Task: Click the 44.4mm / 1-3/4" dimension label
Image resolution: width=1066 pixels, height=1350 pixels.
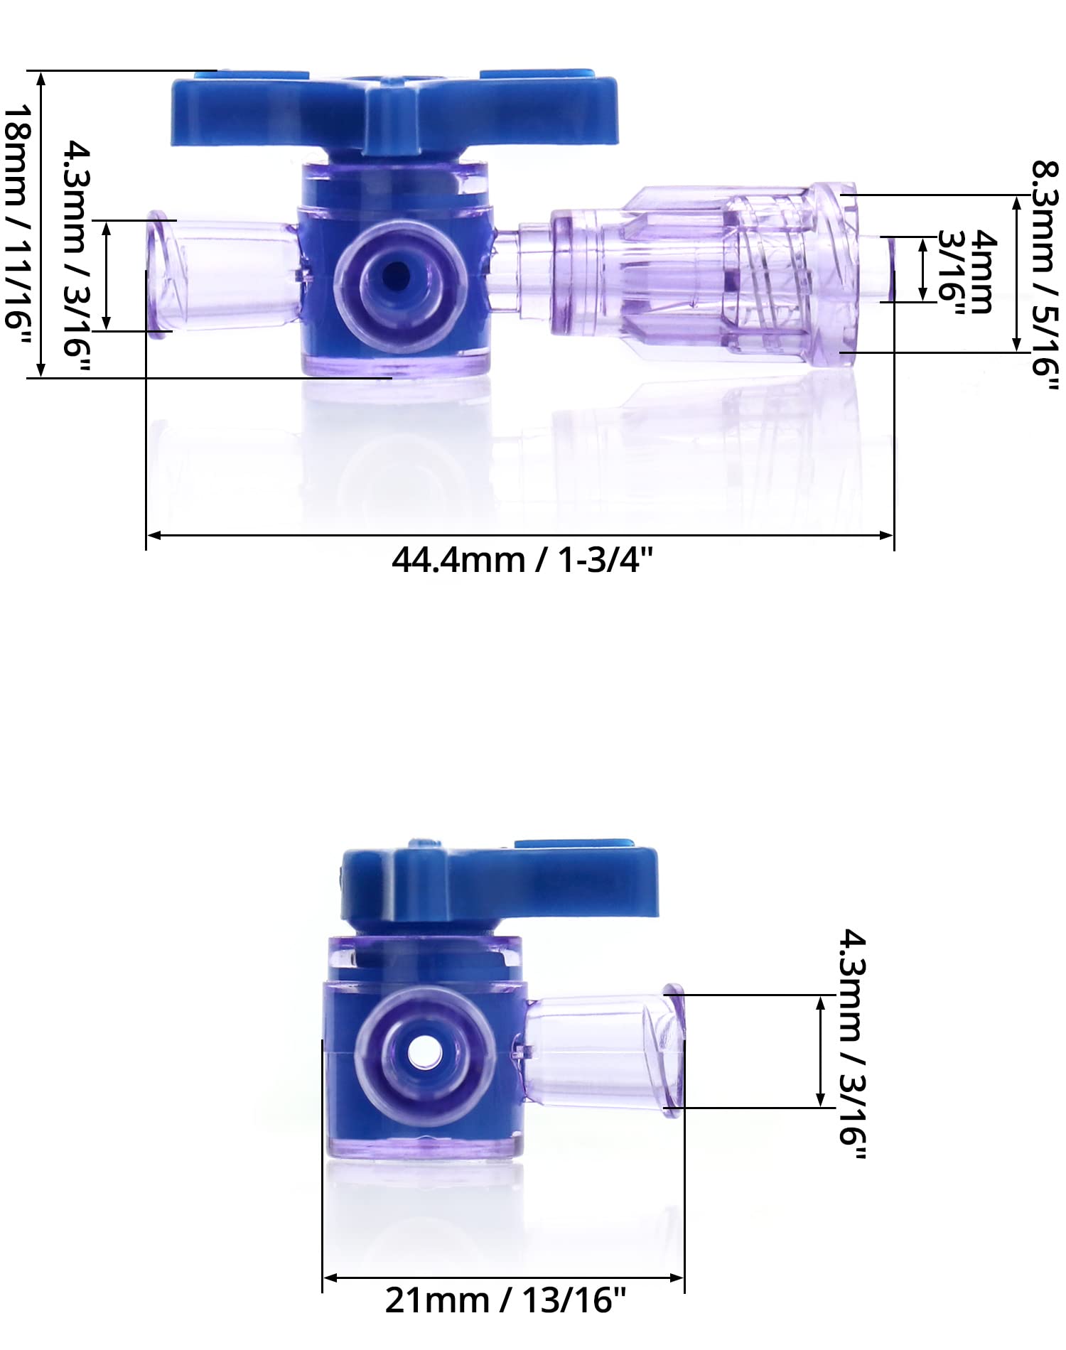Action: coord(522,561)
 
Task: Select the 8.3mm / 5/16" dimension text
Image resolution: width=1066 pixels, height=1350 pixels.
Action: coord(1045,276)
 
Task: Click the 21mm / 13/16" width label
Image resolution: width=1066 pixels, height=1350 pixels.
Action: coord(505,1300)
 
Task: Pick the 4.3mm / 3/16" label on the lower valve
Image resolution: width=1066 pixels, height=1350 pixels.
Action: coord(852,1044)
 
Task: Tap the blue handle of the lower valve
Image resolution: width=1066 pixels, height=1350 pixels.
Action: coord(497,885)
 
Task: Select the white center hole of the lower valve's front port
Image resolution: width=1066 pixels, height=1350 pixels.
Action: coord(424,1050)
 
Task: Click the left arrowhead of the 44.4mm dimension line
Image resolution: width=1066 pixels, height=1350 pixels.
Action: coord(152,535)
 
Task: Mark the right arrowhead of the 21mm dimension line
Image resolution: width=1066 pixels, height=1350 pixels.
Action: coord(678,1278)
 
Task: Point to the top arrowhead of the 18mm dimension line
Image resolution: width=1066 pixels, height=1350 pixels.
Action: coord(41,77)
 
